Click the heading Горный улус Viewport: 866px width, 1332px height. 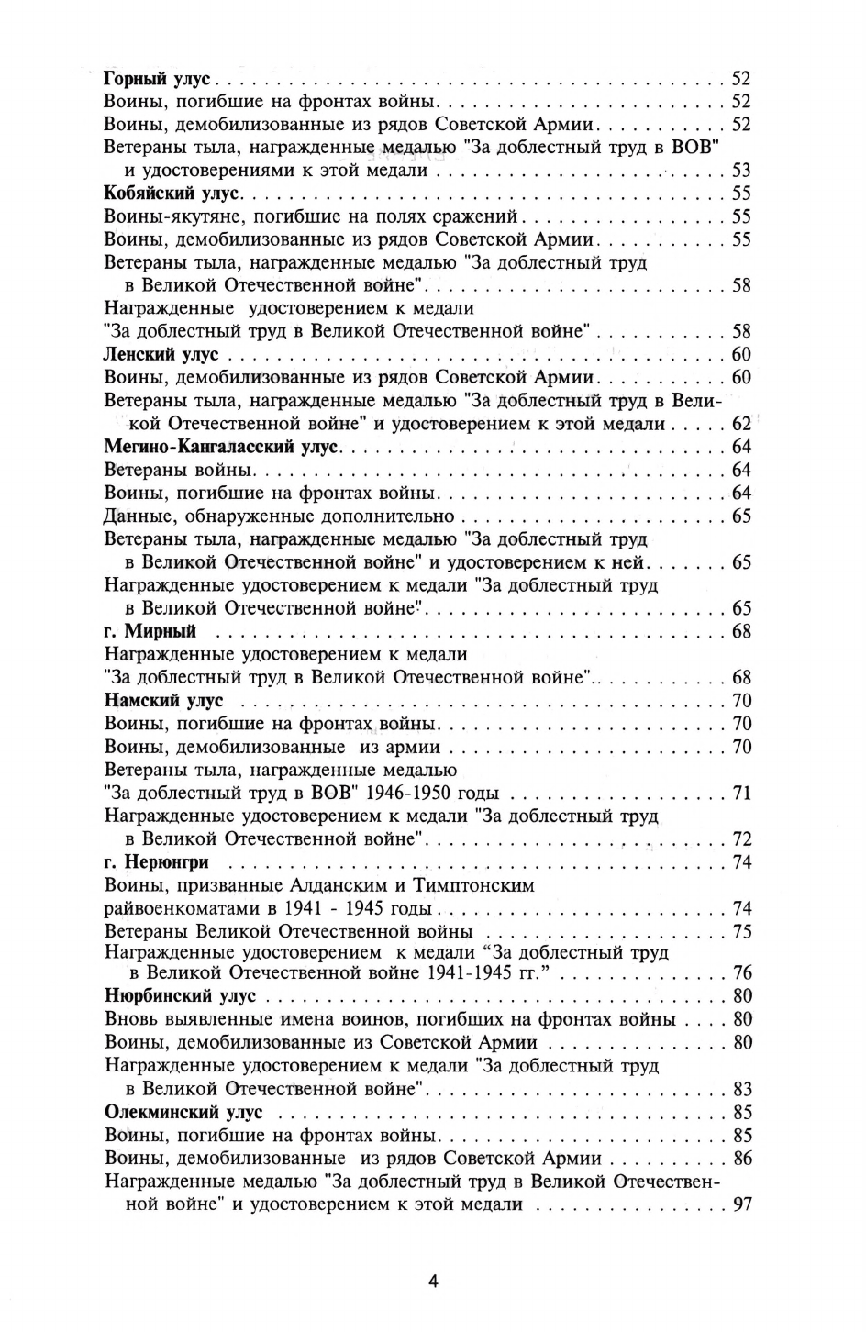pos(158,78)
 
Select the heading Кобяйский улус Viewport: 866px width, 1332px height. pos(171,194)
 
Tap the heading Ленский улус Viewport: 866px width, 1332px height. pos(161,354)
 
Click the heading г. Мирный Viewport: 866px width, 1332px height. pos(150,631)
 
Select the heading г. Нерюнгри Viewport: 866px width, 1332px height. pos(157,862)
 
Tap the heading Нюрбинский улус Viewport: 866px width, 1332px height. pos(181,996)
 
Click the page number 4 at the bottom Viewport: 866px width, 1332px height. pos(433,1282)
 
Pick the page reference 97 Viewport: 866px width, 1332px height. pos(741,1204)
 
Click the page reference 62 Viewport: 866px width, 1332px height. pos(741,424)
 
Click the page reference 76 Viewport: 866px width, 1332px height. pos(741,972)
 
